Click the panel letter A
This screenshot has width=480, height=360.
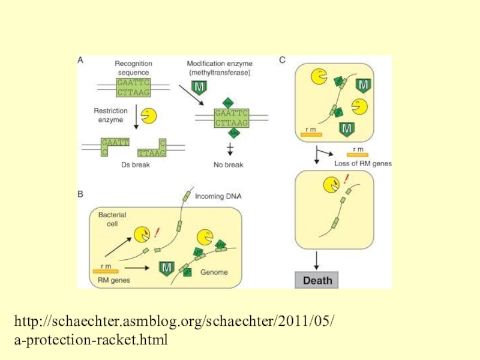81,60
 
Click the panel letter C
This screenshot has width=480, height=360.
283,60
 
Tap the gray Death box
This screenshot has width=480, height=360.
316,280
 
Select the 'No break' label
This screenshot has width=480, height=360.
228,165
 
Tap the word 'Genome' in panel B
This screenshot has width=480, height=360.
214,272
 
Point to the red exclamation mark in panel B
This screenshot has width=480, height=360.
157,231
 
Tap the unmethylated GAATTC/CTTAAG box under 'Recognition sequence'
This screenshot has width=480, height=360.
133,87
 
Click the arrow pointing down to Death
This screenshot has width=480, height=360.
316,259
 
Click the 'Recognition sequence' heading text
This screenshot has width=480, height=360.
133,68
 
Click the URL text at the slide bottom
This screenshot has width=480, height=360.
174,332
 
